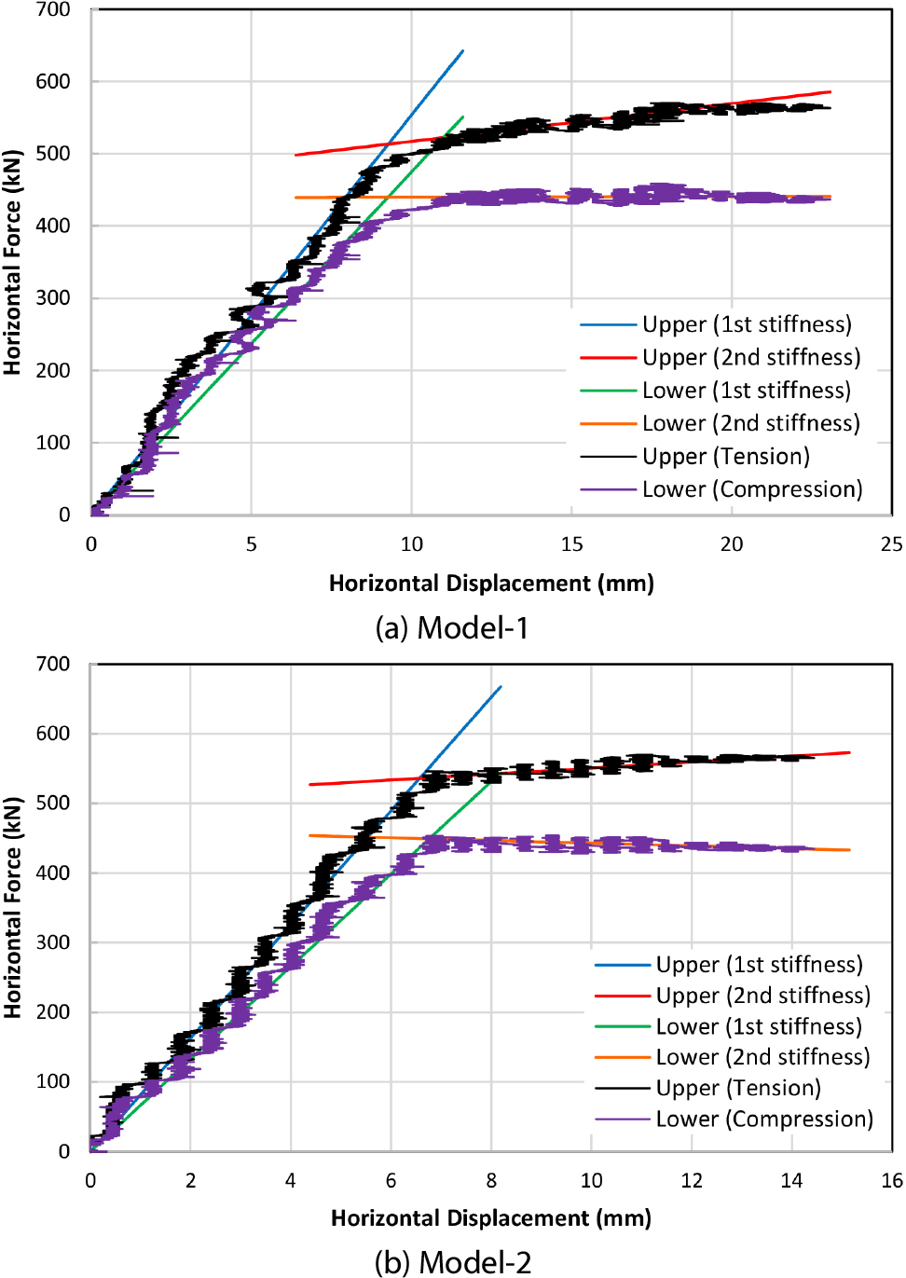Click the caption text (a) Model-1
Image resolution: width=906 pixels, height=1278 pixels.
[x=452, y=628]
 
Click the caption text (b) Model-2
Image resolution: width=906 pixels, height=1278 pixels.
[x=453, y=1262]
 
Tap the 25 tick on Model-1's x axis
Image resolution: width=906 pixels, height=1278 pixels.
[x=891, y=544]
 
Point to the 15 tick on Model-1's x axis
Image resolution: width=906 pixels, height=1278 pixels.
[x=571, y=544]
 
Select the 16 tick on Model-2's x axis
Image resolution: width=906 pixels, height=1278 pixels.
[x=891, y=1181]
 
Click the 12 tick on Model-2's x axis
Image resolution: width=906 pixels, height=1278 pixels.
[x=692, y=1181]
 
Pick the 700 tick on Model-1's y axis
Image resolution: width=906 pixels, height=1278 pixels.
[x=53, y=10]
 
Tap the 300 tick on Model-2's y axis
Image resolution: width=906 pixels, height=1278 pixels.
[x=53, y=942]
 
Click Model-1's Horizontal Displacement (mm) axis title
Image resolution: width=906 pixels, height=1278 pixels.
[x=491, y=584]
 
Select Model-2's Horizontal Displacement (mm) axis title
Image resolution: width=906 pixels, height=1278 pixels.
[x=491, y=1218]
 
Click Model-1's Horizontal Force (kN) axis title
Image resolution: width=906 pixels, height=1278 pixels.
[x=12, y=262]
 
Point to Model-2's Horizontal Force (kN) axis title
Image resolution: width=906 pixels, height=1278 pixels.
[x=12, y=907]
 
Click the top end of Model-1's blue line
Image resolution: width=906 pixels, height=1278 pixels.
[x=462, y=51]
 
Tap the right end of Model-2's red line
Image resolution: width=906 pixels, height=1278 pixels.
[x=849, y=752]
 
